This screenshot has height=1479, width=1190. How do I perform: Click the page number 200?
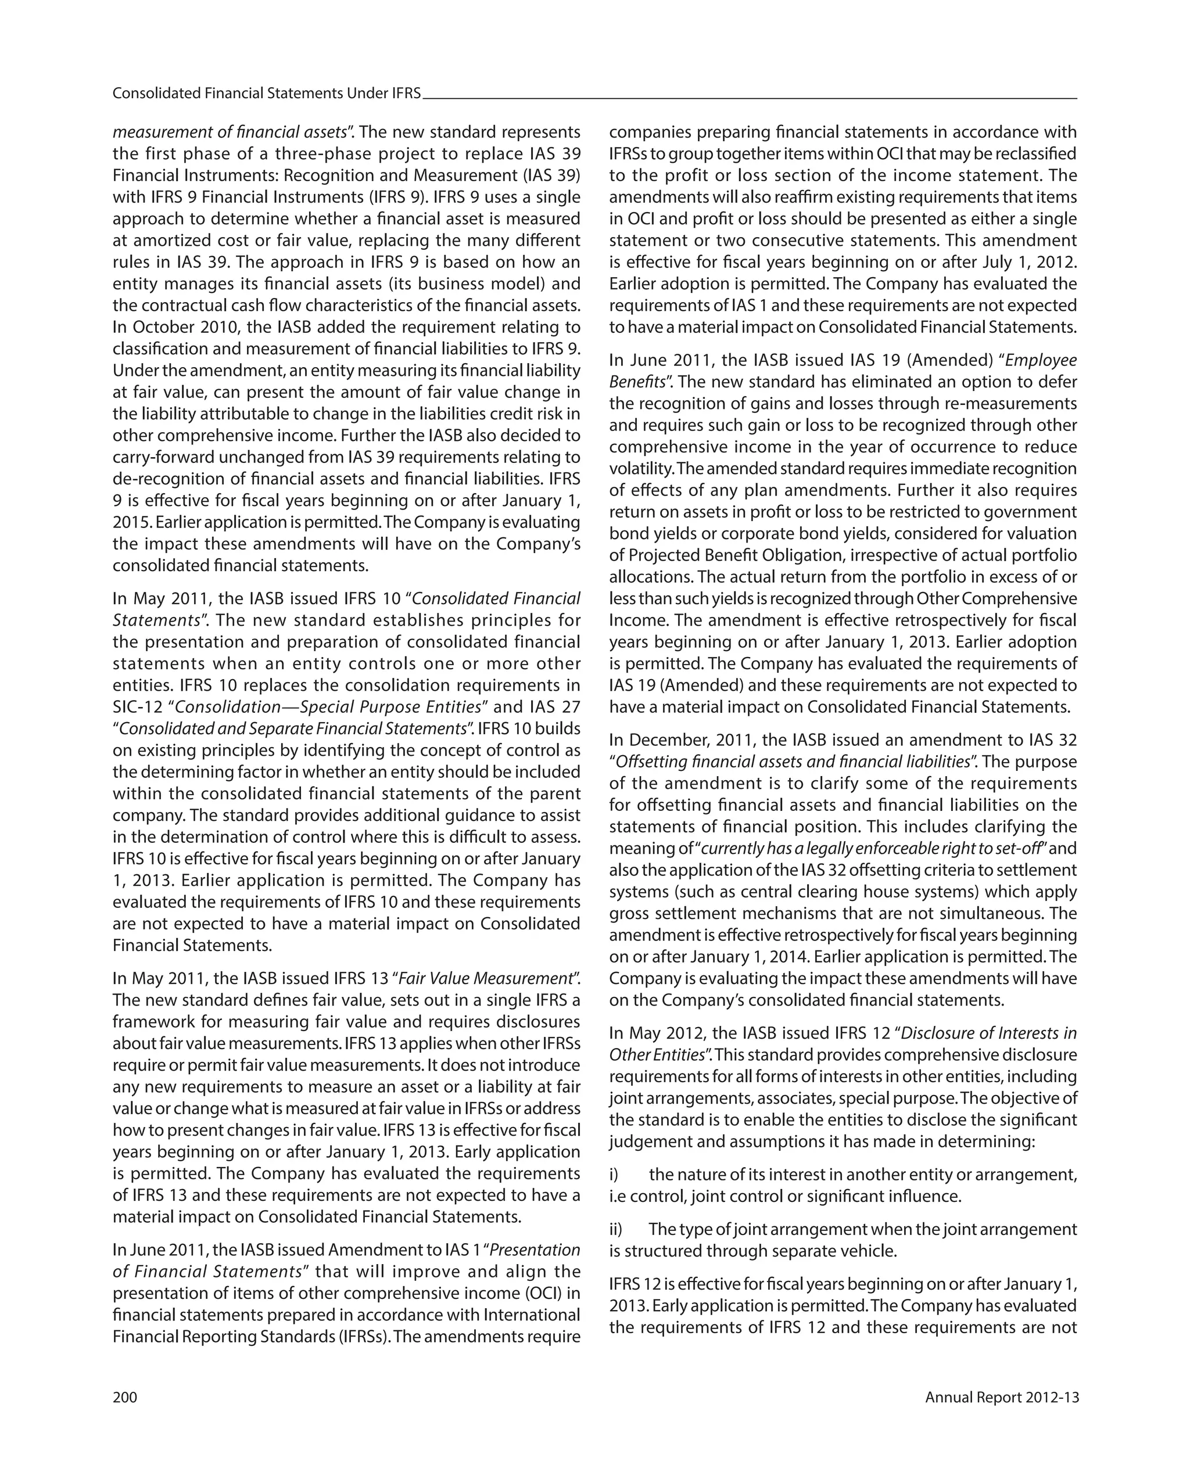(125, 1397)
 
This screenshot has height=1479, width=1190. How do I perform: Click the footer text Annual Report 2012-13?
(1001, 1397)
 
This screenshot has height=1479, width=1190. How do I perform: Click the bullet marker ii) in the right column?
(617, 1229)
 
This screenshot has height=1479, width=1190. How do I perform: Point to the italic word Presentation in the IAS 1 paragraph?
(535, 1250)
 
